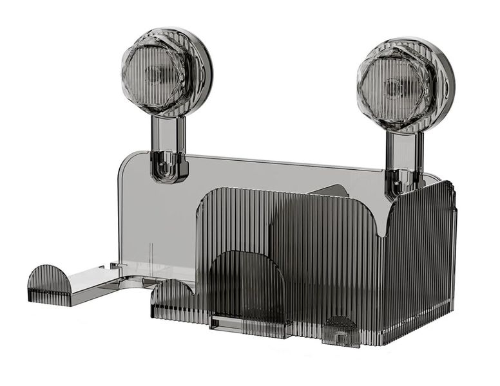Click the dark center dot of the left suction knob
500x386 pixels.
154,73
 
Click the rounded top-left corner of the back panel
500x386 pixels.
125,161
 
